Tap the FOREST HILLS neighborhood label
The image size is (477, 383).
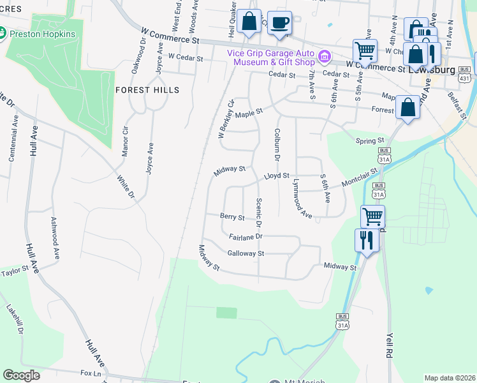click(x=147, y=90)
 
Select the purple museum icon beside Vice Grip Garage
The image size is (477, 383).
click(x=325, y=57)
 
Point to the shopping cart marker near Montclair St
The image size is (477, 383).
click(x=372, y=216)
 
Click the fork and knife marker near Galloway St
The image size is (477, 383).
click(x=365, y=240)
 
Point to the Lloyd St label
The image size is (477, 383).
click(x=277, y=175)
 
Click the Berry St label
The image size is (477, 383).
click(x=232, y=217)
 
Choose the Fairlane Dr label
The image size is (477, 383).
click(x=246, y=236)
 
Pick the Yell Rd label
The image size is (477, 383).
click(x=390, y=346)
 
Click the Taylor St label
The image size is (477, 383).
click(x=15, y=272)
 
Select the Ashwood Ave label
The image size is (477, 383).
click(x=55, y=237)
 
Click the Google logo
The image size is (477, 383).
click(x=22, y=375)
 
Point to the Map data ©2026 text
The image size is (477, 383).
click(x=450, y=378)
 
